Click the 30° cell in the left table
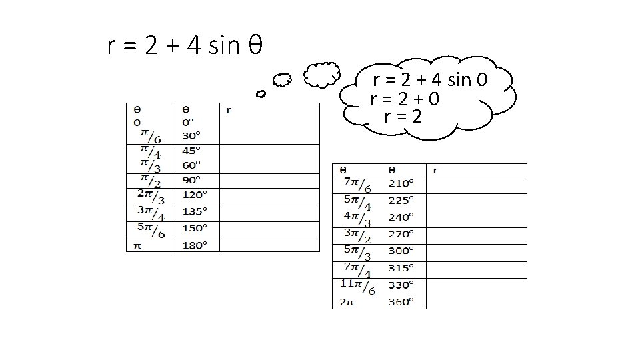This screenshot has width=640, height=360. [x=191, y=135]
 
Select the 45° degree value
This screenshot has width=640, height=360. [x=191, y=150]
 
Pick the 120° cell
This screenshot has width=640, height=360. [x=195, y=195]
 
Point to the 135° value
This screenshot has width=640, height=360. [x=195, y=211]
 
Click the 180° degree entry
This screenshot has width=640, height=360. [x=195, y=245]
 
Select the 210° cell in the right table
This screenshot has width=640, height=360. [x=402, y=183]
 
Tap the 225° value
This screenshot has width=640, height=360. [x=402, y=199]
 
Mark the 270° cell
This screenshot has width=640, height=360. [x=402, y=234]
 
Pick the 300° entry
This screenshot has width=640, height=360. [x=402, y=251]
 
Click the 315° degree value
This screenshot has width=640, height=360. [x=402, y=267]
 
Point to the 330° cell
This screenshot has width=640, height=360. [x=402, y=284]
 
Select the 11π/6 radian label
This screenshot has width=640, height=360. [x=358, y=286]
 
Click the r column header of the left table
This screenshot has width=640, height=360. [x=229, y=109]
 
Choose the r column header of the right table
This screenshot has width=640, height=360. [x=435, y=170]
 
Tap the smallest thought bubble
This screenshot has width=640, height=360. [x=261, y=94]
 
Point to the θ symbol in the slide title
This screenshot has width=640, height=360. [x=255, y=46]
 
